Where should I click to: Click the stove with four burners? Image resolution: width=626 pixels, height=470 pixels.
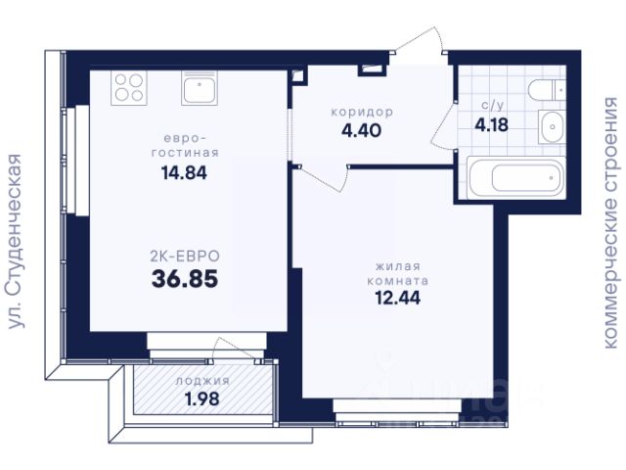[x=129, y=88]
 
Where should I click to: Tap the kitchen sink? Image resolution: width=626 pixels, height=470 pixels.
[x=200, y=88]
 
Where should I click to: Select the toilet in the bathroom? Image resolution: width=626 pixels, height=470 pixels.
[x=547, y=90]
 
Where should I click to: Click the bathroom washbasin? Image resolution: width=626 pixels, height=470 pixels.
[x=552, y=126]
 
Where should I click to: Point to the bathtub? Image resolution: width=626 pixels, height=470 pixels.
[x=516, y=177]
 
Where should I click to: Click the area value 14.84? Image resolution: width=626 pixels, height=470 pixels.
[x=184, y=173]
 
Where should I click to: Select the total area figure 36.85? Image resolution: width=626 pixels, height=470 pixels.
[x=185, y=278]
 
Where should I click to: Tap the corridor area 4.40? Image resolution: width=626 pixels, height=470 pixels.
[x=361, y=130]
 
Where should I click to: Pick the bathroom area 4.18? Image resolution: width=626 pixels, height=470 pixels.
[x=491, y=124]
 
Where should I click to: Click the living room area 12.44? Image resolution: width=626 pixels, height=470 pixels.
[x=398, y=298]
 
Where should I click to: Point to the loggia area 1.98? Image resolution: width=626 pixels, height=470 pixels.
[x=202, y=399]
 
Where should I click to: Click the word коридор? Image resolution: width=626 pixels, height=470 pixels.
[x=362, y=112]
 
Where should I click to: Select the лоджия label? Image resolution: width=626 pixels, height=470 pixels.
[x=202, y=381]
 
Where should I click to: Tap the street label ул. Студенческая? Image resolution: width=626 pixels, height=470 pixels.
[x=16, y=242]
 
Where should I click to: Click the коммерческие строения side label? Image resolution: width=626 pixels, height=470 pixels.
[x=613, y=222]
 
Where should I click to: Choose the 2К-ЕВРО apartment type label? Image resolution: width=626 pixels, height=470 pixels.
[x=185, y=257]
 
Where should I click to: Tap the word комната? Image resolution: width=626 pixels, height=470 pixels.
[x=398, y=281]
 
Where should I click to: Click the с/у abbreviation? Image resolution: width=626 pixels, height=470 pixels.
[x=492, y=105]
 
